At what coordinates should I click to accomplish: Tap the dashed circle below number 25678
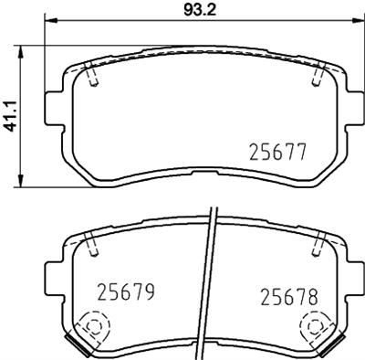(x=316, y=323)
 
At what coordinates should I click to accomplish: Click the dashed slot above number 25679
(x=92, y=241)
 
